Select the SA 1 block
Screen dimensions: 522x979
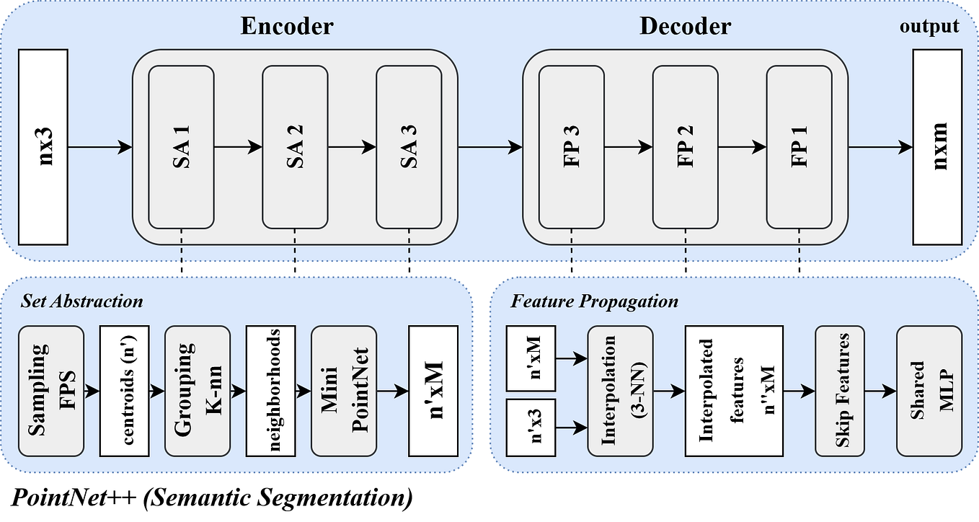(x=181, y=146)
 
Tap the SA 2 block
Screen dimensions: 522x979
(x=295, y=146)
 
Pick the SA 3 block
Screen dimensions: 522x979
(x=408, y=146)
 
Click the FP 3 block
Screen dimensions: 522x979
(x=572, y=146)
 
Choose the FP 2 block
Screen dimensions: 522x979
(x=685, y=146)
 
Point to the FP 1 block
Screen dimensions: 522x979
(x=799, y=146)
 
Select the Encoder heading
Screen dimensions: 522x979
(x=287, y=27)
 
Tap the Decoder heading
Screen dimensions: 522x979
(x=684, y=27)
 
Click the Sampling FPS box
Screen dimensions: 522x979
(x=51, y=391)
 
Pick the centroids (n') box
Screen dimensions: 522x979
(x=128, y=391)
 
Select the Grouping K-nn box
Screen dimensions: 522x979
(x=197, y=391)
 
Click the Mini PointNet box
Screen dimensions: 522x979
(x=343, y=391)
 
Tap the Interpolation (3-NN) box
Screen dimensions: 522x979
(x=620, y=391)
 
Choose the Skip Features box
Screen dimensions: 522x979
(x=843, y=391)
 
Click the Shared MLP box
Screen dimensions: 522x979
(x=929, y=391)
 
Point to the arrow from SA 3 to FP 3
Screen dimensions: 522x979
(x=489, y=147)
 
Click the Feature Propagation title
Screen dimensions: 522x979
(x=595, y=301)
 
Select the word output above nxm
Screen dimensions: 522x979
(x=929, y=27)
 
